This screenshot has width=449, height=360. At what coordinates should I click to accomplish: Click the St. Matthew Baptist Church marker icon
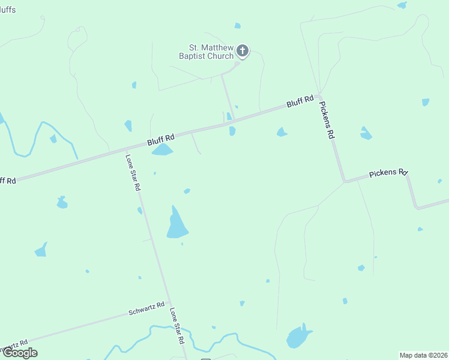point(243,51)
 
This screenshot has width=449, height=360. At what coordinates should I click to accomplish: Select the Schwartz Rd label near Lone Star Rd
point(146,309)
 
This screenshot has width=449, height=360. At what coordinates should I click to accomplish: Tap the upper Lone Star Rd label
point(133,173)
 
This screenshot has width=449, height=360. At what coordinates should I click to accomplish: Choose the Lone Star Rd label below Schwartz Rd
point(176,325)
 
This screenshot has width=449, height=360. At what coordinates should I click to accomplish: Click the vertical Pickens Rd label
point(326,120)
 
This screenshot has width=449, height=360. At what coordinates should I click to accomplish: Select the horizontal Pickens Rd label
point(388,173)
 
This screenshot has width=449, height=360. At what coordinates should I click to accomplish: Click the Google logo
point(20,353)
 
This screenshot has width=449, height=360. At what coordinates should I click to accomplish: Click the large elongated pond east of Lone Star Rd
point(176,224)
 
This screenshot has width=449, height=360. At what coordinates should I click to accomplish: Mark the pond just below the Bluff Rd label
point(162,150)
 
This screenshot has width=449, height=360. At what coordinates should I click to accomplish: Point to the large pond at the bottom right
point(298,337)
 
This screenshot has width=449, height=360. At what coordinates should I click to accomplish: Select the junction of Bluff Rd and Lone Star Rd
point(126,149)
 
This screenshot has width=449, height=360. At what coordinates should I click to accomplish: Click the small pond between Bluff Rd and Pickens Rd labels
point(282,132)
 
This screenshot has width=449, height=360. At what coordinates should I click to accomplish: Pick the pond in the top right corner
point(402,5)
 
